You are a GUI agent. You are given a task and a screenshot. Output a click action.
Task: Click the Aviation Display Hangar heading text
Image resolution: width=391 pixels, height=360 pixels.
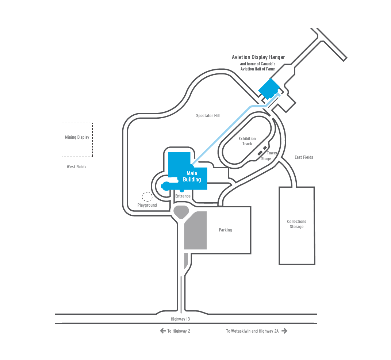[x=258, y=57]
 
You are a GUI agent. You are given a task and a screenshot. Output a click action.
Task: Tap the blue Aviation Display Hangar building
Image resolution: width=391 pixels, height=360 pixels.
[x=269, y=89]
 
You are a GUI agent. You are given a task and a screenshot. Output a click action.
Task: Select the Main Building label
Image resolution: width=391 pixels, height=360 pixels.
[x=192, y=176]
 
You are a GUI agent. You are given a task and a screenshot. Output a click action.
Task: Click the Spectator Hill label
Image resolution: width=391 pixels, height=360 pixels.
[x=208, y=116]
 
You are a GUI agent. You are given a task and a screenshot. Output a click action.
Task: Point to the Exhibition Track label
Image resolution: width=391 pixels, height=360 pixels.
[x=247, y=141]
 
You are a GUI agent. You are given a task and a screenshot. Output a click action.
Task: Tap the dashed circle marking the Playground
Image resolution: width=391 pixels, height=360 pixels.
[x=147, y=197]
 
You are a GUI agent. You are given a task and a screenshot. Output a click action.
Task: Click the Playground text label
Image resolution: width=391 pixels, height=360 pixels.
[x=147, y=205]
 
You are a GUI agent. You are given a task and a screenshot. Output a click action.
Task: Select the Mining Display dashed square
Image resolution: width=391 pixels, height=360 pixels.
[x=77, y=140]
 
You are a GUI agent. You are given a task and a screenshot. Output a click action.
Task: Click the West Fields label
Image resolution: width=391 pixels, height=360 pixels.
[x=76, y=167]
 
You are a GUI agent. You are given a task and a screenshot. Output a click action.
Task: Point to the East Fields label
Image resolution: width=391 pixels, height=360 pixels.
[x=304, y=157]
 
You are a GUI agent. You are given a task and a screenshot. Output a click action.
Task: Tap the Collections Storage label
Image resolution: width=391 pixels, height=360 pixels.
[x=296, y=224]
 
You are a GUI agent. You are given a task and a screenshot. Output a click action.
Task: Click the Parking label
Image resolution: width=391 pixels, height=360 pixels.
[x=225, y=230]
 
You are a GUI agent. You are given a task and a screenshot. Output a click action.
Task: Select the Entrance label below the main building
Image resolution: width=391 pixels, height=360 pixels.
[x=183, y=196]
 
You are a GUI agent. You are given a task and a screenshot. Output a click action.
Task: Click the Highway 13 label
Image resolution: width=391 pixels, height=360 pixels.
[x=180, y=319]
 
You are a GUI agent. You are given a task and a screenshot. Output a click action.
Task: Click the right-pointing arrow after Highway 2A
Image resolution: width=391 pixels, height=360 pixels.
[x=284, y=331]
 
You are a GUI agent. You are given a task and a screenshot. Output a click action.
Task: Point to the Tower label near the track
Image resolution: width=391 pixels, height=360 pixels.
[x=272, y=153]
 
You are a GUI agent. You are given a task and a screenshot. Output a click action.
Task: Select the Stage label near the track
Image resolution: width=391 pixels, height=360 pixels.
[x=266, y=159]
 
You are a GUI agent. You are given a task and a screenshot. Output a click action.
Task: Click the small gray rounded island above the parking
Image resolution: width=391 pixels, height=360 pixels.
[x=181, y=212]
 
